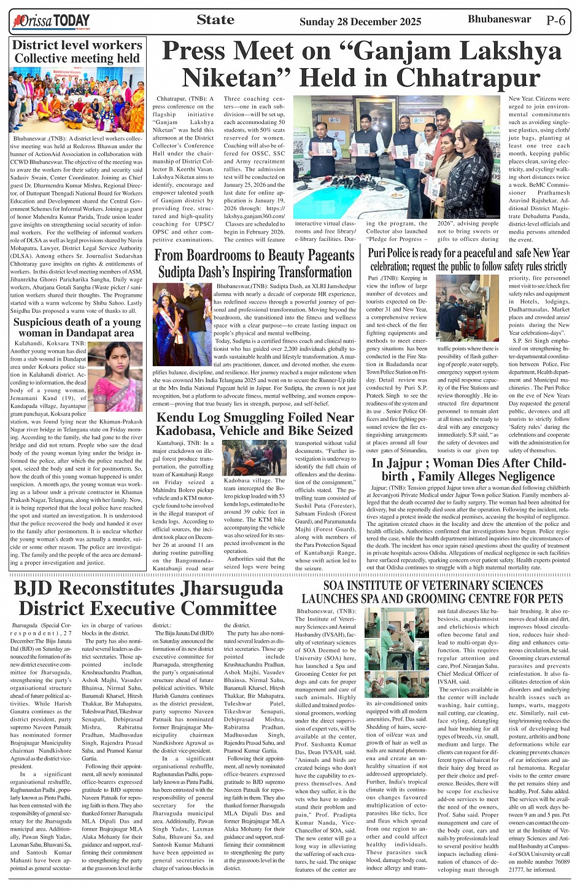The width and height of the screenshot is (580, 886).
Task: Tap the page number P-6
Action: click(x=555, y=20)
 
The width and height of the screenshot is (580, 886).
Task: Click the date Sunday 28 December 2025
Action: click(x=360, y=22)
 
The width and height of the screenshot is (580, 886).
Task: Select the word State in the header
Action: click(x=215, y=20)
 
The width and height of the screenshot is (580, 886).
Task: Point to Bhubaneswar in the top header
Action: click(x=499, y=19)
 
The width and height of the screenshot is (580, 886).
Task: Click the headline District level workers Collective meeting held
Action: click(x=77, y=52)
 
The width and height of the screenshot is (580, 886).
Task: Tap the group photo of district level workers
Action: click(x=77, y=98)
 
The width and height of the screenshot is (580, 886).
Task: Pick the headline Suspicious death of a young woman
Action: click(x=77, y=327)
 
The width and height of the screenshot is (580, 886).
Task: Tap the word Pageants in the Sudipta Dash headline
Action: click(x=319, y=255)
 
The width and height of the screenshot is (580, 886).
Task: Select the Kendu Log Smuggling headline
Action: click(x=255, y=424)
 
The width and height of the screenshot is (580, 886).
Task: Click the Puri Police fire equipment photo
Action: click(x=467, y=308)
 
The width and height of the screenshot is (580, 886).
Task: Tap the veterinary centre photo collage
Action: click(x=398, y=653)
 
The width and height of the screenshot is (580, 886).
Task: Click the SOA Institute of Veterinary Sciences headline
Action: click(x=432, y=591)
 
